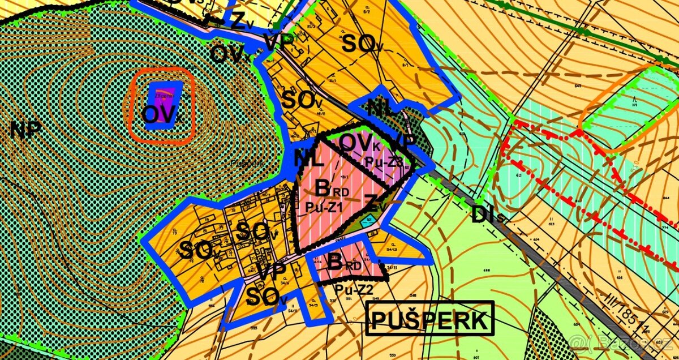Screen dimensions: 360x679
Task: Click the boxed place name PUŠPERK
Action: coord(429,320)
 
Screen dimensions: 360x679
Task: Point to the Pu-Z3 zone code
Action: coord(383,162)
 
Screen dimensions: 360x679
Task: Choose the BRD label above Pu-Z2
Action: coord(345,263)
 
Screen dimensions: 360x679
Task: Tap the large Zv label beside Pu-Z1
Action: coord(376,204)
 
